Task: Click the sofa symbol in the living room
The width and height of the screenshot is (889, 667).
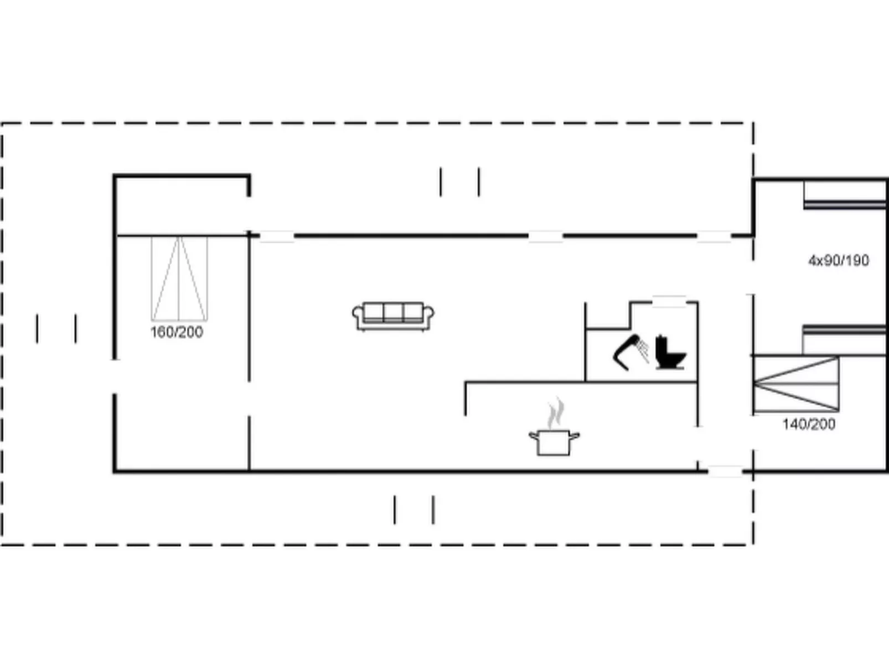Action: point(393,316)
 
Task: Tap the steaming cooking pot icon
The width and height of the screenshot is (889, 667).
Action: point(554,442)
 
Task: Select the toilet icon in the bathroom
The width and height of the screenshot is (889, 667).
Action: point(670,353)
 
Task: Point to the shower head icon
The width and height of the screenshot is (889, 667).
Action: point(631,351)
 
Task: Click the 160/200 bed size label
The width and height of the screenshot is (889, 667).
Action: point(177,332)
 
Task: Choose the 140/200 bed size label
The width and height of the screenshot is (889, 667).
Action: point(808,425)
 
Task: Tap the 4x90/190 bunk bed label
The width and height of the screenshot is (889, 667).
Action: point(839,260)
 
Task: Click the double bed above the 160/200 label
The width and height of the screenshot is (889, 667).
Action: point(179,278)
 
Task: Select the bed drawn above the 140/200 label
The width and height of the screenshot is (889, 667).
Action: point(796,384)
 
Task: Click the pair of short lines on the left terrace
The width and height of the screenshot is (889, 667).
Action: point(56,328)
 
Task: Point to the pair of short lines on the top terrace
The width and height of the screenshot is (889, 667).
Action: point(460,182)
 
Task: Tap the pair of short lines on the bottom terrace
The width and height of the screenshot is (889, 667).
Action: point(414,510)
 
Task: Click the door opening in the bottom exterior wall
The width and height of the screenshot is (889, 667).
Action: point(725,472)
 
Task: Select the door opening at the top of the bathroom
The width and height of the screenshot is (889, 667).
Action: point(669,302)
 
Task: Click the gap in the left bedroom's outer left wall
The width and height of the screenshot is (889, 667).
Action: point(115,376)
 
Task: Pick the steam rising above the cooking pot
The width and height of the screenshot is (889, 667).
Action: point(556,412)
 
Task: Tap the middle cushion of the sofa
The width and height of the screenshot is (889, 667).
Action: point(393,312)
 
